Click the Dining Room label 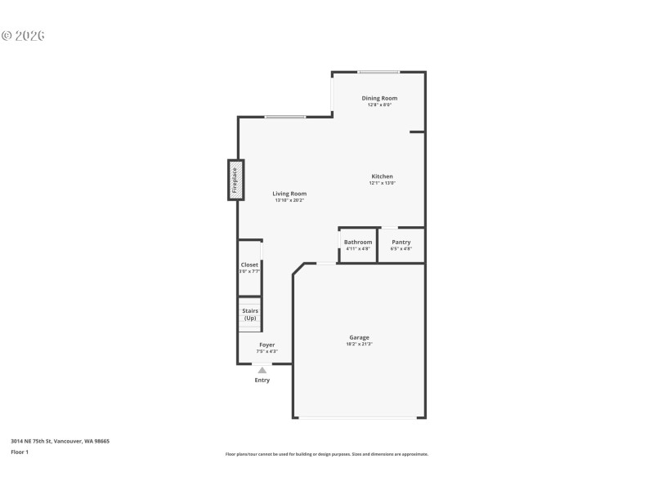coord(379,98)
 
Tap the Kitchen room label coord(382,176)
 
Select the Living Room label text coord(289,194)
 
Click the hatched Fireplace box coord(235,180)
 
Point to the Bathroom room coord(358,245)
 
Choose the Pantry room coord(401,245)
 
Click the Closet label coord(249,265)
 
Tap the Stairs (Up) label coord(249,314)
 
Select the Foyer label coord(267,345)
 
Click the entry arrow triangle coord(262,370)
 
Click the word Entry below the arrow coord(262,380)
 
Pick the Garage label coord(359,337)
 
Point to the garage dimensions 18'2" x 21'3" coord(359,344)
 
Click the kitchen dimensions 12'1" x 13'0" coord(382,183)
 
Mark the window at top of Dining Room coord(379,72)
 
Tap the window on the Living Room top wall coord(284,117)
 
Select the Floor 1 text coord(19,452)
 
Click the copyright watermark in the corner coord(23,35)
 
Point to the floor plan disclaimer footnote coord(326,454)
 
